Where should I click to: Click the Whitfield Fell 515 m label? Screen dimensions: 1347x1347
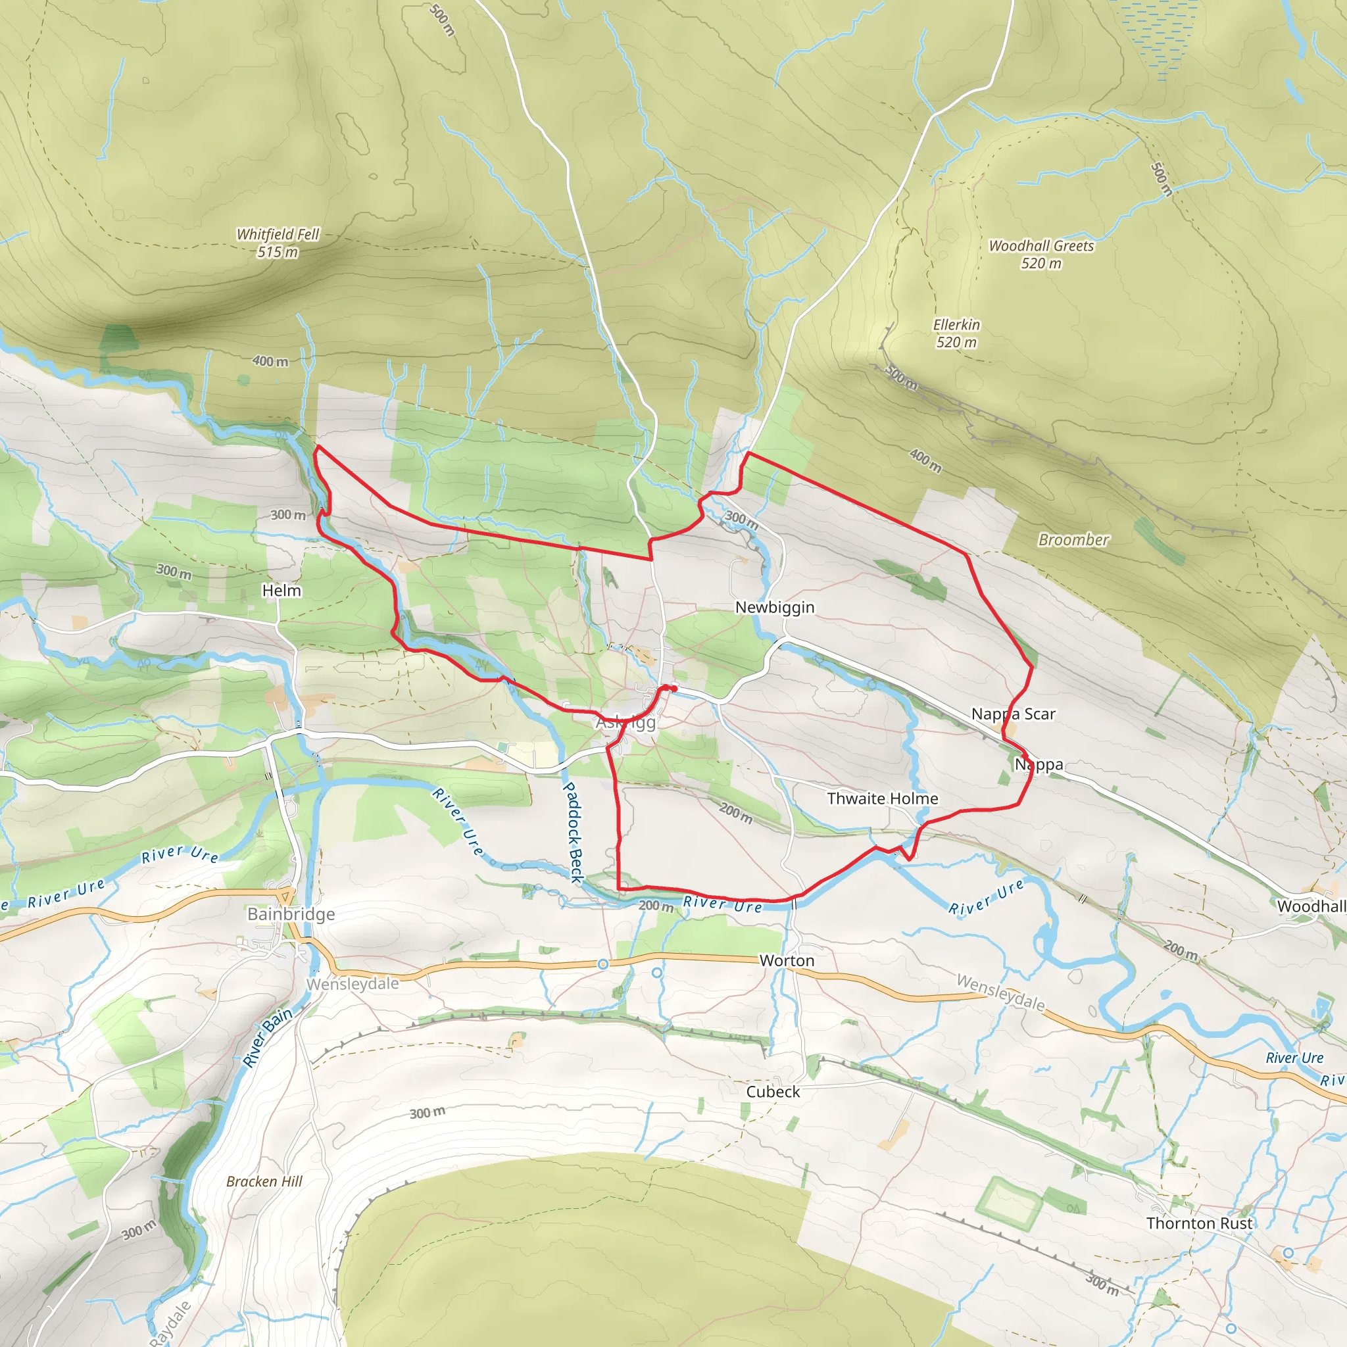coord(278,243)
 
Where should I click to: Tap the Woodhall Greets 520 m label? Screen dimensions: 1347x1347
coord(1041,255)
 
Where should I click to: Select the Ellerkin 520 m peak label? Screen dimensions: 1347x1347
coord(956,333)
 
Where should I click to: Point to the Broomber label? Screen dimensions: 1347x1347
coord(1073,539)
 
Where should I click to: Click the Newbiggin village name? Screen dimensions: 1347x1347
coord(775,607)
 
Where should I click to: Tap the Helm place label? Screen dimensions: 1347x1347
coord(282,591)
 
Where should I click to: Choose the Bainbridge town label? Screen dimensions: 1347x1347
coord(291,914)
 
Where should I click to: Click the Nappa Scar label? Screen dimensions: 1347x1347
coord(1013,714)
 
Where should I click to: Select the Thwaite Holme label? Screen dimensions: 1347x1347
coord(882,798)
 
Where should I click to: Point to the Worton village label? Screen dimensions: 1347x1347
coord(787,961)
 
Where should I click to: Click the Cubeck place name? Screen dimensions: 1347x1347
coord(773,1092)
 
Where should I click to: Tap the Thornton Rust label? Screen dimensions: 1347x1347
coord(1199,1223)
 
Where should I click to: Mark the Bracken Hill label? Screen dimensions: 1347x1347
coord(264,1181)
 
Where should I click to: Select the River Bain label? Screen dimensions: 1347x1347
coord(268,1037)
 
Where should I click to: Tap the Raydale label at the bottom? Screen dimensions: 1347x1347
coord(170,1323)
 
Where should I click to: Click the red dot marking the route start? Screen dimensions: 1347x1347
coord(674,689)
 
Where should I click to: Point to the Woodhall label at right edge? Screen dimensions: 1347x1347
coord(1311,906)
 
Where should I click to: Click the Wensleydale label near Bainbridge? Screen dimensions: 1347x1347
coord(353,984)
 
